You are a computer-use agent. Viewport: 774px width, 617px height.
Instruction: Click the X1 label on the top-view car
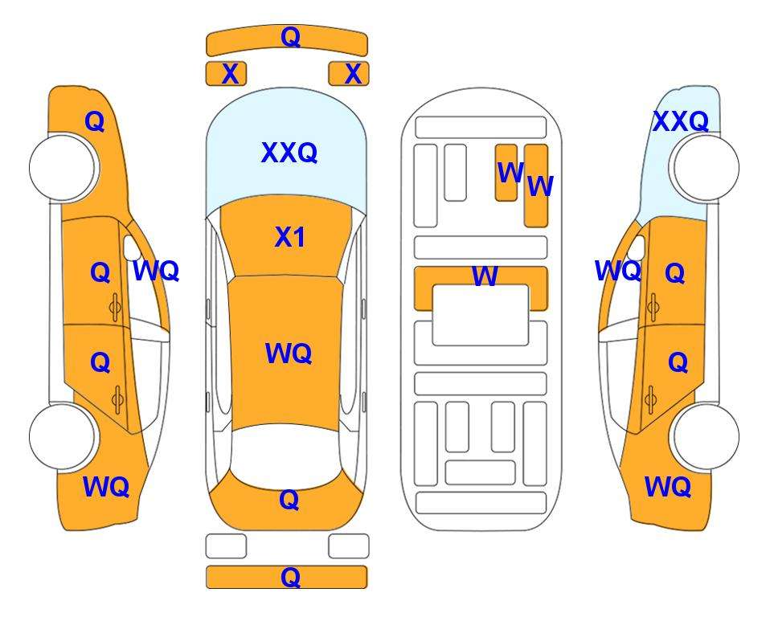coord(290,238)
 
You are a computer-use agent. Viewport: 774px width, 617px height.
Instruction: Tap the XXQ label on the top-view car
coord(289,153)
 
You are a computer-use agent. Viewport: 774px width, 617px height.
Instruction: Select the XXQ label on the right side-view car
coord(681,121)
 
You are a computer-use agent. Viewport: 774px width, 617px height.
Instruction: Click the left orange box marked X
coord(226,74)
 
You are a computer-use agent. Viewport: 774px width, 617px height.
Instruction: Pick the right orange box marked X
coord(349,74)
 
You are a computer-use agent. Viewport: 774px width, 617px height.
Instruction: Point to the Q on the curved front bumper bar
coord(290,37)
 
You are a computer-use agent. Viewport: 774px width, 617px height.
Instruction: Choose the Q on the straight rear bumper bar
coord(290,577)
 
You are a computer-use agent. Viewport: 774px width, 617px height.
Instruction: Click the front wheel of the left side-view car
coord(63,167)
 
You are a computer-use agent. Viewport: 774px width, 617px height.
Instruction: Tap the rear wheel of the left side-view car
coord(63,436)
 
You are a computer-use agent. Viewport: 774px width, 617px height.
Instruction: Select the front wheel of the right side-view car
coord(706,168)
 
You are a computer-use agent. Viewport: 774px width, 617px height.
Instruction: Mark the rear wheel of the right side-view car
coord(706,436)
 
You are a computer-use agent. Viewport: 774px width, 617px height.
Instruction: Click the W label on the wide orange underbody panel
coord(485,276)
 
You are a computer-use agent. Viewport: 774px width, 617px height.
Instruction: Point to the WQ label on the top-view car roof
coord(289,353)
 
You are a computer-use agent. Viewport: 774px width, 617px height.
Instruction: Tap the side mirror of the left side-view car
coord(131,247)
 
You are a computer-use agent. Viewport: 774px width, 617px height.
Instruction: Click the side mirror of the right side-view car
coord(637,247)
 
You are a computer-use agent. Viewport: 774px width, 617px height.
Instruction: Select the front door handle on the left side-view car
coord(116,307)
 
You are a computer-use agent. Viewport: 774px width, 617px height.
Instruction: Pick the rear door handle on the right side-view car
coord(650,400)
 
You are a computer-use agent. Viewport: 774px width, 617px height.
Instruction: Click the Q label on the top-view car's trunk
coord(289,500)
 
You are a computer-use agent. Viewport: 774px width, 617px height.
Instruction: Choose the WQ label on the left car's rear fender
coord(106,487)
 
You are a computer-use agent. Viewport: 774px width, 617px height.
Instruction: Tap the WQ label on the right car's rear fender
coord(668,487)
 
